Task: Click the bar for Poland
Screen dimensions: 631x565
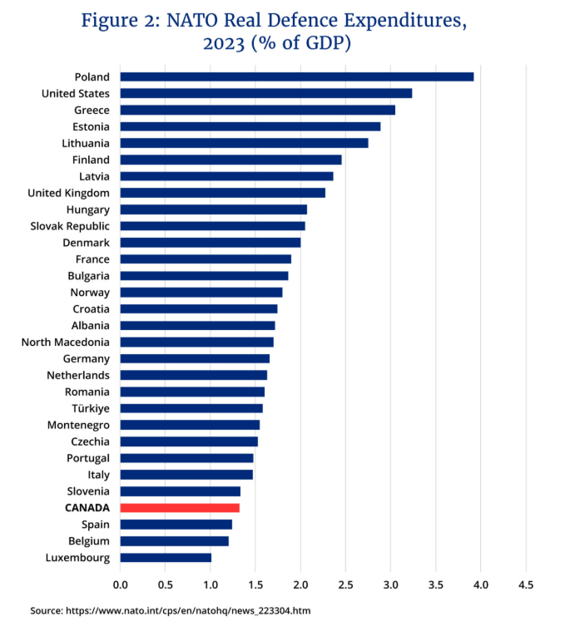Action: pos(296,76)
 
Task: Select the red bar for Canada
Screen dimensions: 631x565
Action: pos(180,508)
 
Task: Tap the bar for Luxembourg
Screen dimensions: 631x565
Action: pos(166,558)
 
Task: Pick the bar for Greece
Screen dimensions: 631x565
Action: pos(257,110)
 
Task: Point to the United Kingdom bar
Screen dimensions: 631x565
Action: pos(222,193)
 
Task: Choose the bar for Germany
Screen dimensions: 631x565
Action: pos(195,358)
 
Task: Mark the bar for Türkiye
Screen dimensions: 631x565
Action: pos(191,408)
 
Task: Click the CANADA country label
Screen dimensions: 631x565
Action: pos(87,508)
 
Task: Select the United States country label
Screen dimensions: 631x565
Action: pos(76,93)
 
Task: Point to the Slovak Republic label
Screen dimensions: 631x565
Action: pos(70,225)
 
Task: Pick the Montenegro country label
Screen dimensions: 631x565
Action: pos(78,425)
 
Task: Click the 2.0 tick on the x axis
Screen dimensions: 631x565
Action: pos(300,585)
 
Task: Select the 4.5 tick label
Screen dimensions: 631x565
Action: pos(526,585)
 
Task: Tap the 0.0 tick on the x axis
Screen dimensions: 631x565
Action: pos(121,585)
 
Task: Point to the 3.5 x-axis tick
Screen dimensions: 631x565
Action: pos(435,585)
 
